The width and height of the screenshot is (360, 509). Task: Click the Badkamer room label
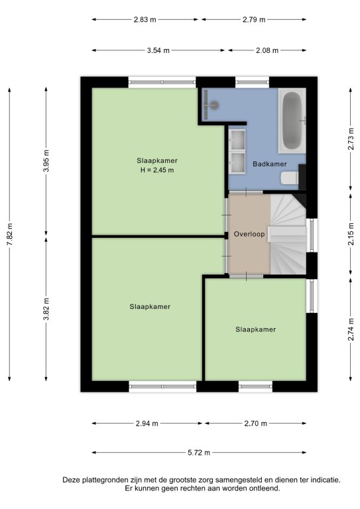(269, 164)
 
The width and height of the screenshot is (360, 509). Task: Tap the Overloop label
(249, 234)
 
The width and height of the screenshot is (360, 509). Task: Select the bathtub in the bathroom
(292, 121)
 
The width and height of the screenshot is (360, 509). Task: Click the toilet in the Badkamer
(290, 178)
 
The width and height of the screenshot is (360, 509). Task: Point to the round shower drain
(214, 105)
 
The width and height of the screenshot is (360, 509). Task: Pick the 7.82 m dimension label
(10, 234)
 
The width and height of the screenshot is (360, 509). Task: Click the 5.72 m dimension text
(199, 453)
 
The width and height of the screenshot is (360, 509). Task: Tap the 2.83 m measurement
(145, 19)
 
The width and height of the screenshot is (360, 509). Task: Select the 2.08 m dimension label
(267, 50)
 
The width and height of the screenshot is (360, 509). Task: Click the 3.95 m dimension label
(46, 160)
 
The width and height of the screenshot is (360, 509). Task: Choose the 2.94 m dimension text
(147, 424)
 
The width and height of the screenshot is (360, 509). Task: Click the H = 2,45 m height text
(157, 170)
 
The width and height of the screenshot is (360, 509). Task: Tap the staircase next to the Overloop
(288, 234)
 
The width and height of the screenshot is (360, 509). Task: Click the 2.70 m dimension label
(255, 424)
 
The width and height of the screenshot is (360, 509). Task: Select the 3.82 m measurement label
(46, 309)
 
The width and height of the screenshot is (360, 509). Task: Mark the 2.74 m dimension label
(351, 329)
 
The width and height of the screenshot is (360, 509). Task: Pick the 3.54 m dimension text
(158, 50)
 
